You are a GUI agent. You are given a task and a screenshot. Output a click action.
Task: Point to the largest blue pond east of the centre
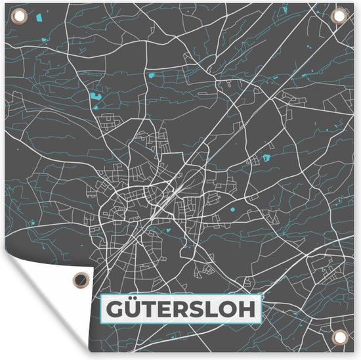(x=266, y=158)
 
